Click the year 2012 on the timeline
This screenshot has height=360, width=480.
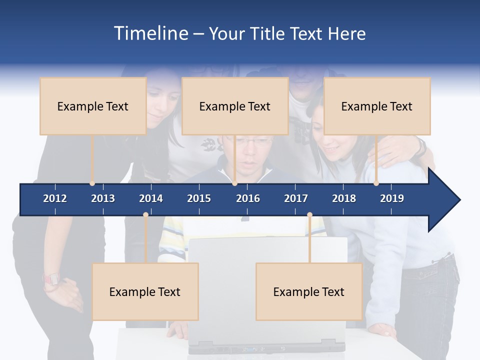pos(55,198)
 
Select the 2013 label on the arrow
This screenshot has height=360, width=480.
pos(103,198)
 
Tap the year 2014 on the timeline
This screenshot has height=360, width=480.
pos(151,198)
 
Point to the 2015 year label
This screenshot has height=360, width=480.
pos(199,198)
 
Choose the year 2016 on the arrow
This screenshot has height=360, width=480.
pos(248,198)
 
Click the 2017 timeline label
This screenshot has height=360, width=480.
pos(296,198)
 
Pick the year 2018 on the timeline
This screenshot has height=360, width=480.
pos(344,198)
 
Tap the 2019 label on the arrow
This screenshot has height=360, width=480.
pos(392,198)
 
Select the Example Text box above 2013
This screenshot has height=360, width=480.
pos(93,106)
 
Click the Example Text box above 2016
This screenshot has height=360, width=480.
pos(235,106)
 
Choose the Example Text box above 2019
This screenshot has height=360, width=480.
pos(377,106)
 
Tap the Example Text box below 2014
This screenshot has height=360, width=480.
pos(145,292)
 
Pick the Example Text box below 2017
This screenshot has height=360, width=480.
pos(309,292)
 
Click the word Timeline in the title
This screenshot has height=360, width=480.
pos(150,33)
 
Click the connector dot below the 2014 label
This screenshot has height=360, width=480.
pos(145,215)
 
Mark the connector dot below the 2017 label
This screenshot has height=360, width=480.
pos(309,215)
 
